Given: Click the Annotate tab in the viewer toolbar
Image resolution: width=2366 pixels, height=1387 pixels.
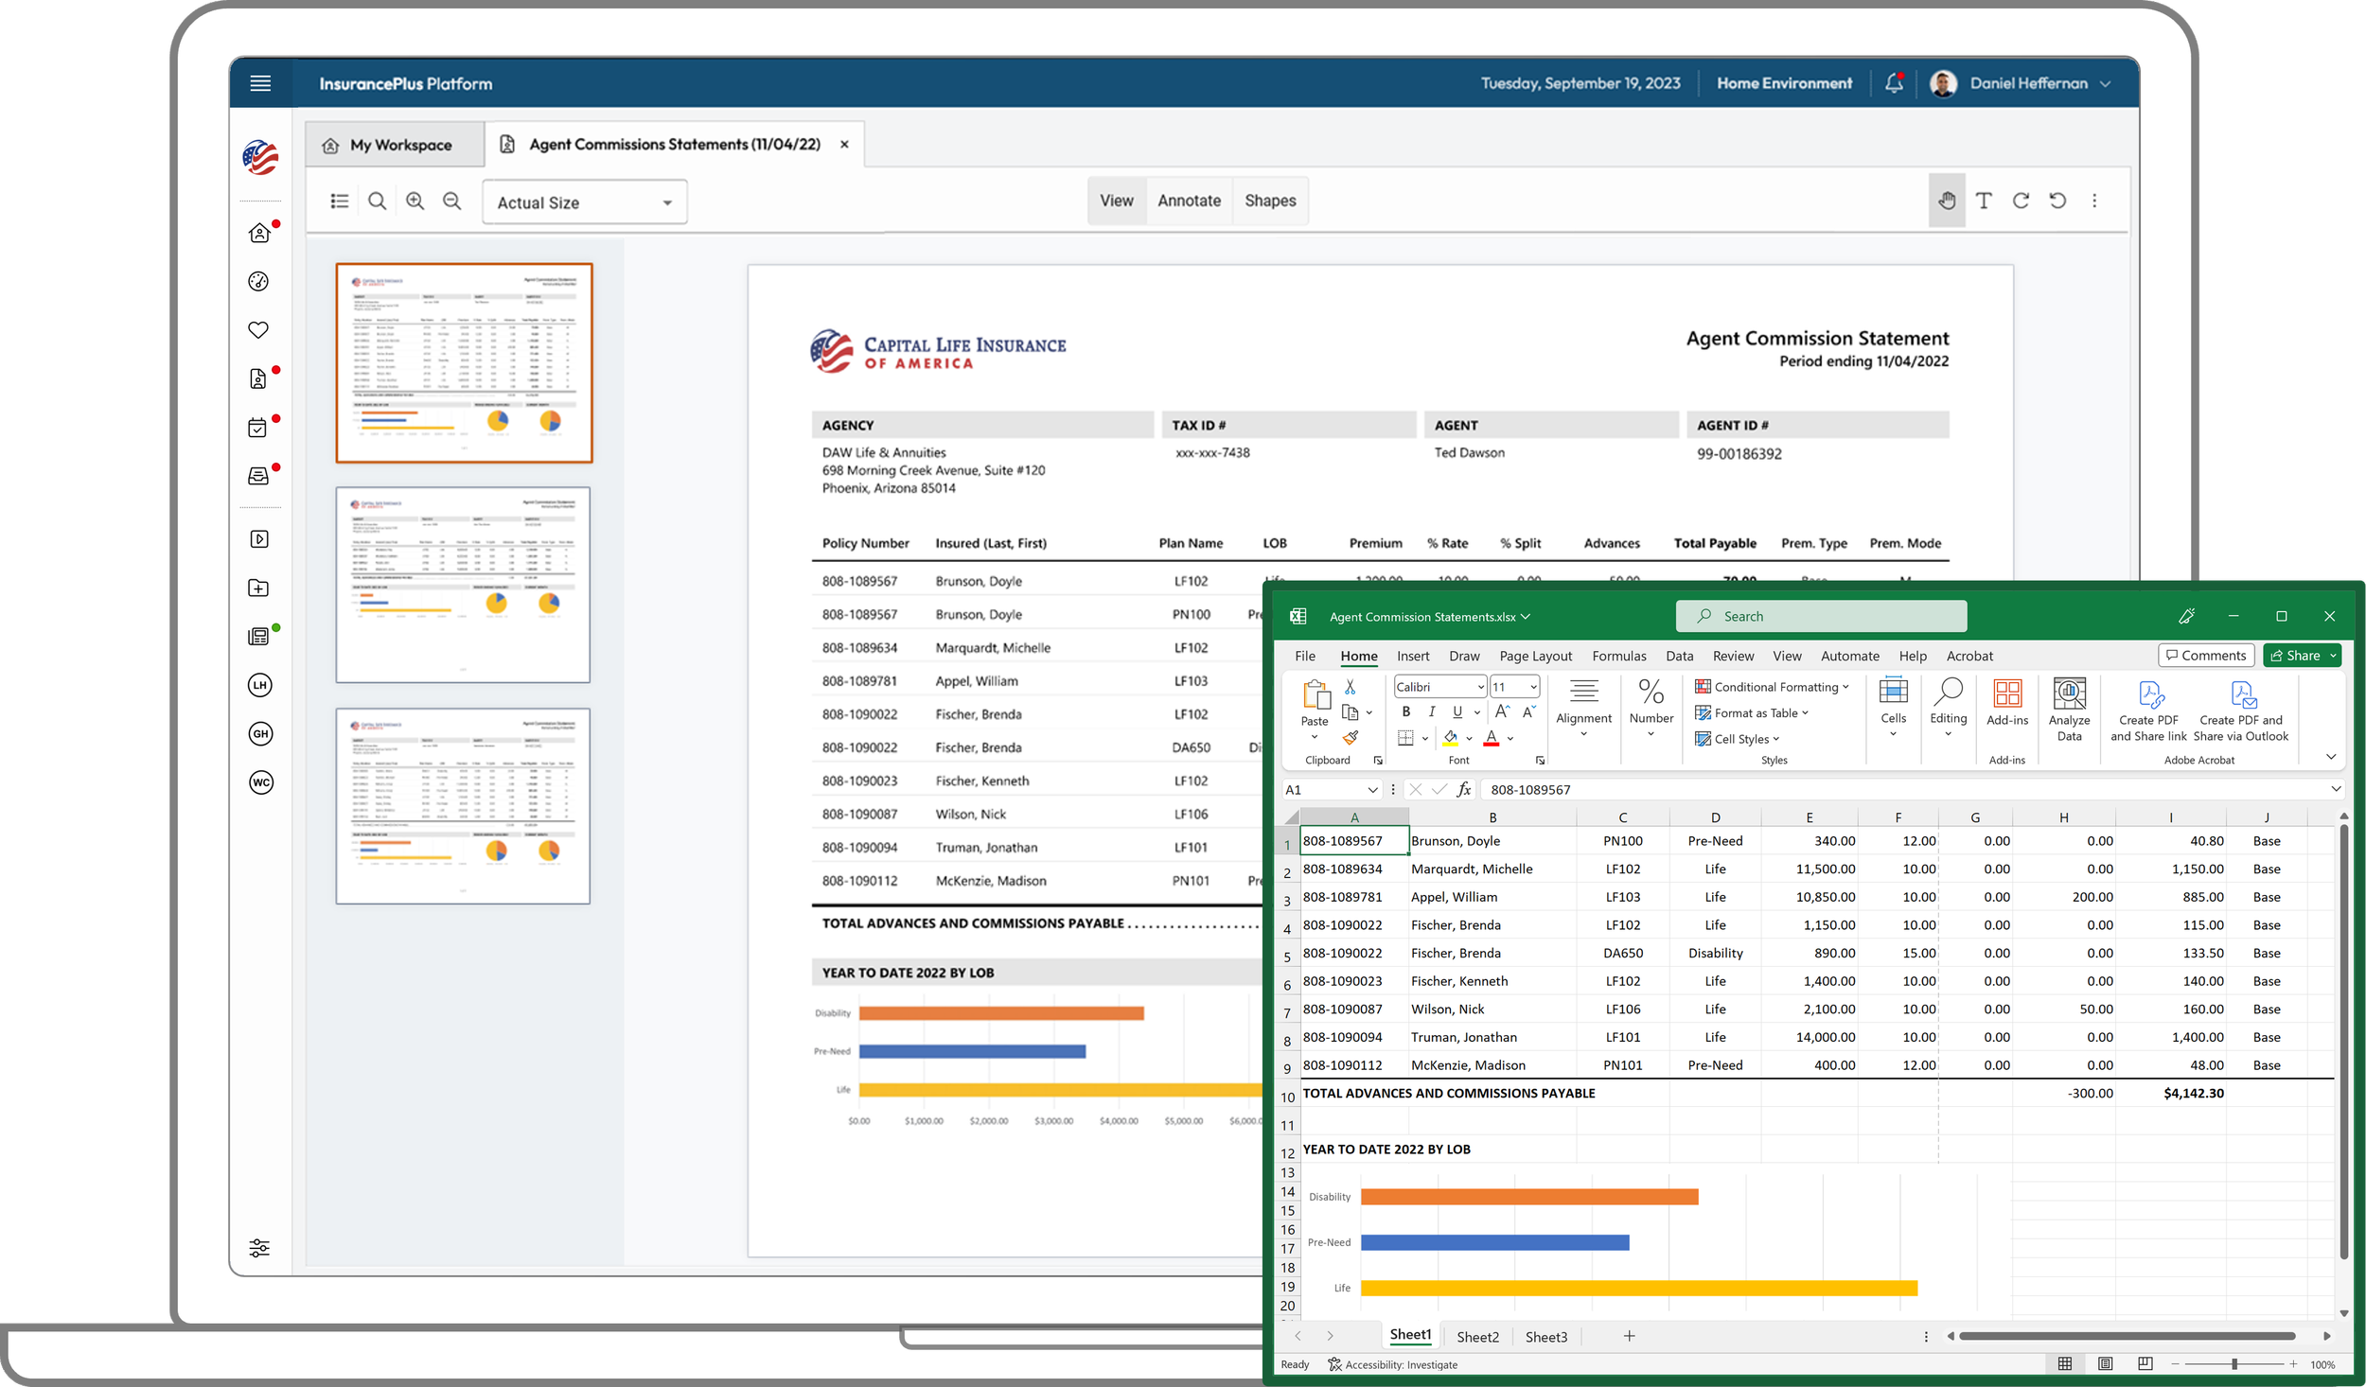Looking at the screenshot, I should [x=1189, y=201].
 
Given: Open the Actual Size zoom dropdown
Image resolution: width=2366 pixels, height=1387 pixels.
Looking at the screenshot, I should [x=584, y=202].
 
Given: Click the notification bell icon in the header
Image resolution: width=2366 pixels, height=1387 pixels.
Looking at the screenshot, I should [x=1893, y=83].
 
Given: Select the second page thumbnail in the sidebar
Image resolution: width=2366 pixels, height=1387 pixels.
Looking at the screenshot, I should [x=463, y=585].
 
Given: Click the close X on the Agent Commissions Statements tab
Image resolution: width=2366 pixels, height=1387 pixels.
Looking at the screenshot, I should [x=844, y=145].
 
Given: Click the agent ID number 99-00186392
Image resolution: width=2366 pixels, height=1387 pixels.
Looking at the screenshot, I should [x=1739, y=454].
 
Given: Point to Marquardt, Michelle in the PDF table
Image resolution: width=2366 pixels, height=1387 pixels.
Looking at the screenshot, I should [x=992, y=648].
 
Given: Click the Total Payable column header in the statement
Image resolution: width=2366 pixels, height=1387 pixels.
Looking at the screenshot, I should [x=1714, y=543].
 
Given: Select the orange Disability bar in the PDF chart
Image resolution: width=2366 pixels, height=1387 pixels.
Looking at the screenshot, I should [x=1000, y=1013].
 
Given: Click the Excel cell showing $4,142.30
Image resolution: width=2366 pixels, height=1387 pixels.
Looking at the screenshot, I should [x=2193, y=1093].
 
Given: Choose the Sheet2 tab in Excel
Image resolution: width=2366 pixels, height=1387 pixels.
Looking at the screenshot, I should [x=1477, y=1336].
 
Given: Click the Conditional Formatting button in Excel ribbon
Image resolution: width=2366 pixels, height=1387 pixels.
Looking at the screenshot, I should [x=1771, y=687].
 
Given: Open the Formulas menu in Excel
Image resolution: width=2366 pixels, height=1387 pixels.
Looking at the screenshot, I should [x=1618, y=656].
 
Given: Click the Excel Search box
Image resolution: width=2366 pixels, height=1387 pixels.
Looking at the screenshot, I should [x=1820, y=616].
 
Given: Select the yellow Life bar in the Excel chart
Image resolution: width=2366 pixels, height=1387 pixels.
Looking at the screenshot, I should [x=1637, y=1288].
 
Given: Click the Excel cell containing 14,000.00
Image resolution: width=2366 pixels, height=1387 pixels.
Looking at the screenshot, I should [x=1825, y=1037].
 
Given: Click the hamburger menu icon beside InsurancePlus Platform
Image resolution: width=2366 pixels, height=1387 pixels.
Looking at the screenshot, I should [x=260, y=83].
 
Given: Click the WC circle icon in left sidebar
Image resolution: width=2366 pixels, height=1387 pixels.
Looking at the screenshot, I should [x=260, y=782].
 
